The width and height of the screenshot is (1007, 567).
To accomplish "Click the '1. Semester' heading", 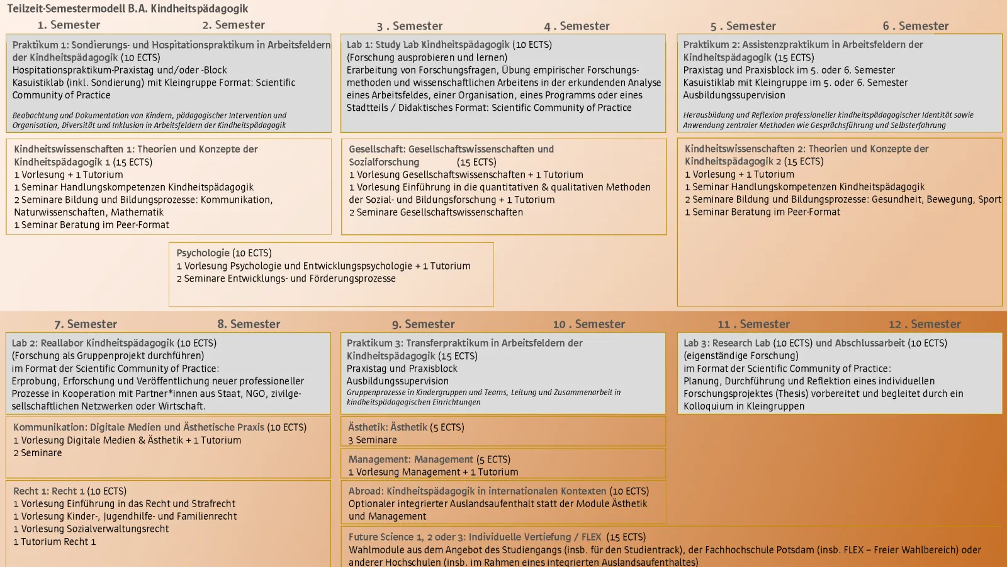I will point(69,25).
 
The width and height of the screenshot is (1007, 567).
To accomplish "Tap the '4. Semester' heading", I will point(577,26).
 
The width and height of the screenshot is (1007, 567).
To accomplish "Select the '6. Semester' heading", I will point(915,26).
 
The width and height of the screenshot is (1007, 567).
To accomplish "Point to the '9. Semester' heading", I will point(423,324).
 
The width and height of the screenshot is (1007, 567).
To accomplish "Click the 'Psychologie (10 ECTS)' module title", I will point(224,253).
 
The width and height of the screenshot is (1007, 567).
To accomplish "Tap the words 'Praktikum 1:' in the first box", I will point(40,45).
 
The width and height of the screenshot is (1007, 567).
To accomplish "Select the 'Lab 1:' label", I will point(359,45).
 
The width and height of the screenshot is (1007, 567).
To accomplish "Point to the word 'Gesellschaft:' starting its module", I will point(377,150).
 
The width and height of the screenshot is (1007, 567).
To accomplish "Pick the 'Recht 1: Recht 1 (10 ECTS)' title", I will point(70,491).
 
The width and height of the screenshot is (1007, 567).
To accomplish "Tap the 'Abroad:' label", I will point(366,491).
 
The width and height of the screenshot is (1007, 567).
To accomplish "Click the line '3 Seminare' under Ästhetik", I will point(373,440).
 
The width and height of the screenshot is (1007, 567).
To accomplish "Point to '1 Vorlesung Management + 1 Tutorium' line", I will point(434,472).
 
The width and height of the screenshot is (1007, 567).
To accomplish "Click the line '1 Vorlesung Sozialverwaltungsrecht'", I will point(91,529).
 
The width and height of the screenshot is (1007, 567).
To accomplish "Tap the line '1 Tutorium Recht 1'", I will point(55,542).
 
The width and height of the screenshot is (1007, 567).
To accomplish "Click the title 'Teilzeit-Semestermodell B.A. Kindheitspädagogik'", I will point(128,9).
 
